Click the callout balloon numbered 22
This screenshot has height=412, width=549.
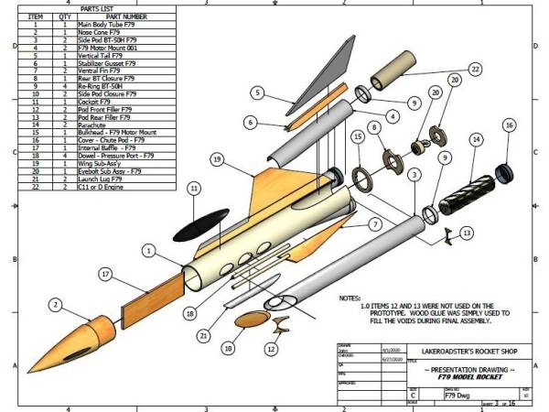pos(475,69)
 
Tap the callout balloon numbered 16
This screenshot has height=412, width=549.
pos(510,125)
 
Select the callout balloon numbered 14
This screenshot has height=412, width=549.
pos(476,140)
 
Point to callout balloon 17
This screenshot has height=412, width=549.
pos(106,273)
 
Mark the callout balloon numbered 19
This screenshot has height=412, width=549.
pos(217,159)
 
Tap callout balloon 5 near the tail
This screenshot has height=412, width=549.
pos(259,92)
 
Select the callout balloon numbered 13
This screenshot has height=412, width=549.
pos(468,234)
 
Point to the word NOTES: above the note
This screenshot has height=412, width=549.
pos(350,298)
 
